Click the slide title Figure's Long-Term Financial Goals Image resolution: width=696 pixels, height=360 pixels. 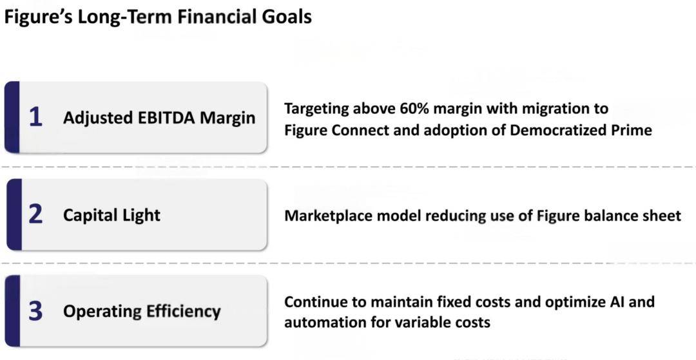click(x=158, y=17)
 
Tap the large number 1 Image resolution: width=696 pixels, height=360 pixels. click(x=35, y=117)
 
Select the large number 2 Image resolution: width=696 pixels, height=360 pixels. click(x=35, y=214)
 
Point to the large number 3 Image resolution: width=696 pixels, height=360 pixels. click(x=35, y=311)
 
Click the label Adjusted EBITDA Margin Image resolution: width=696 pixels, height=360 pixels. click(x=159, y=118)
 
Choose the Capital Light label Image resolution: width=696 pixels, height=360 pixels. click(x=112, y=216)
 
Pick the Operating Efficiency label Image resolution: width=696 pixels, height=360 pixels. click(x=142, y=312)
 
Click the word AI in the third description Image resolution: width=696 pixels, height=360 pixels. click(x=614, y=302)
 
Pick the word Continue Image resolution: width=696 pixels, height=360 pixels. click(x=320, y=302)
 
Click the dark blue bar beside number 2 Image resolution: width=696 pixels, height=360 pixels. click(x=14, y=214)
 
